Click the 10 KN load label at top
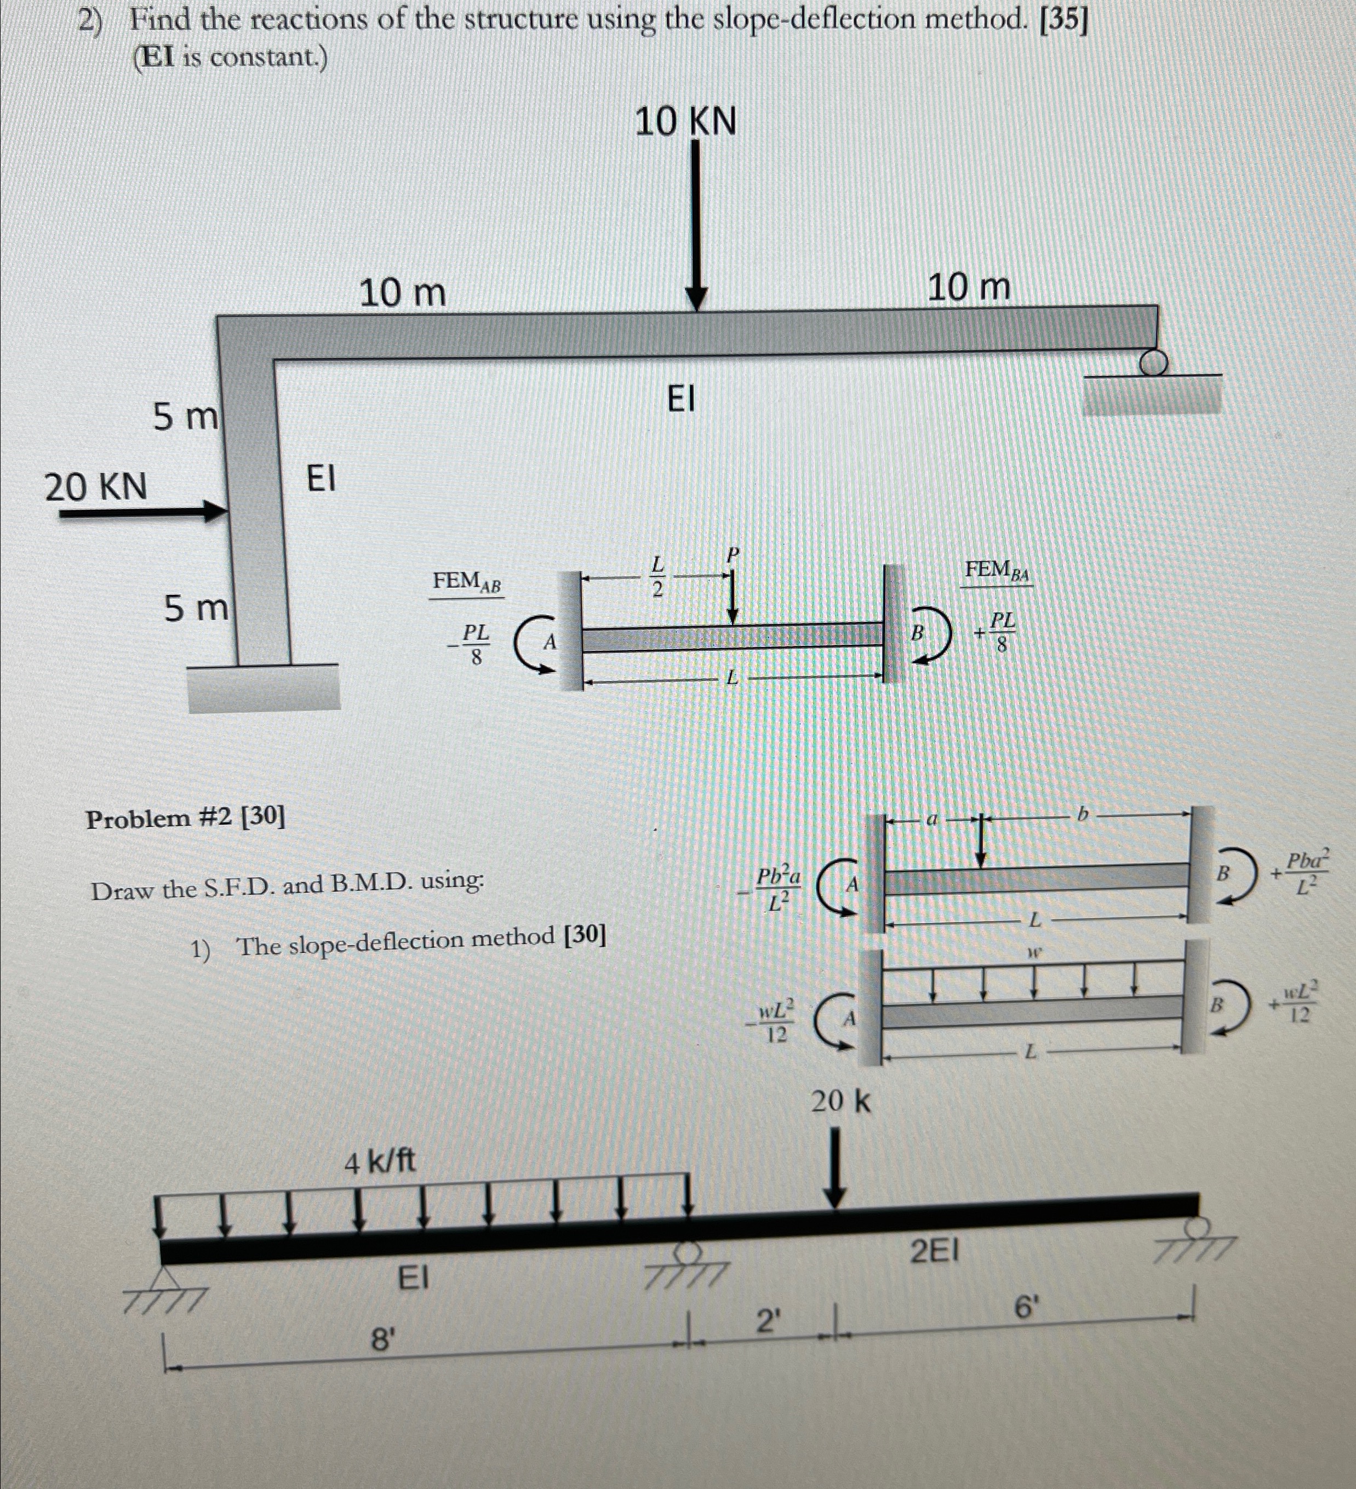click(x=685, y=122)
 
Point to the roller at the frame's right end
click(x=1154, y=363)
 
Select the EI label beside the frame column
click(x=321, y=479)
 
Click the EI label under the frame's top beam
click(x=681, y=399)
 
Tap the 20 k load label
click(x=840, y=1101)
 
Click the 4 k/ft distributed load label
click(x=380, y=1162)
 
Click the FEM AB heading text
click(x=467, y=582)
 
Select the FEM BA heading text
click(x=997, y=570)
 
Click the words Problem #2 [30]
click(x=185, y=817)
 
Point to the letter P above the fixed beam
click(x=732, y=554)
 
